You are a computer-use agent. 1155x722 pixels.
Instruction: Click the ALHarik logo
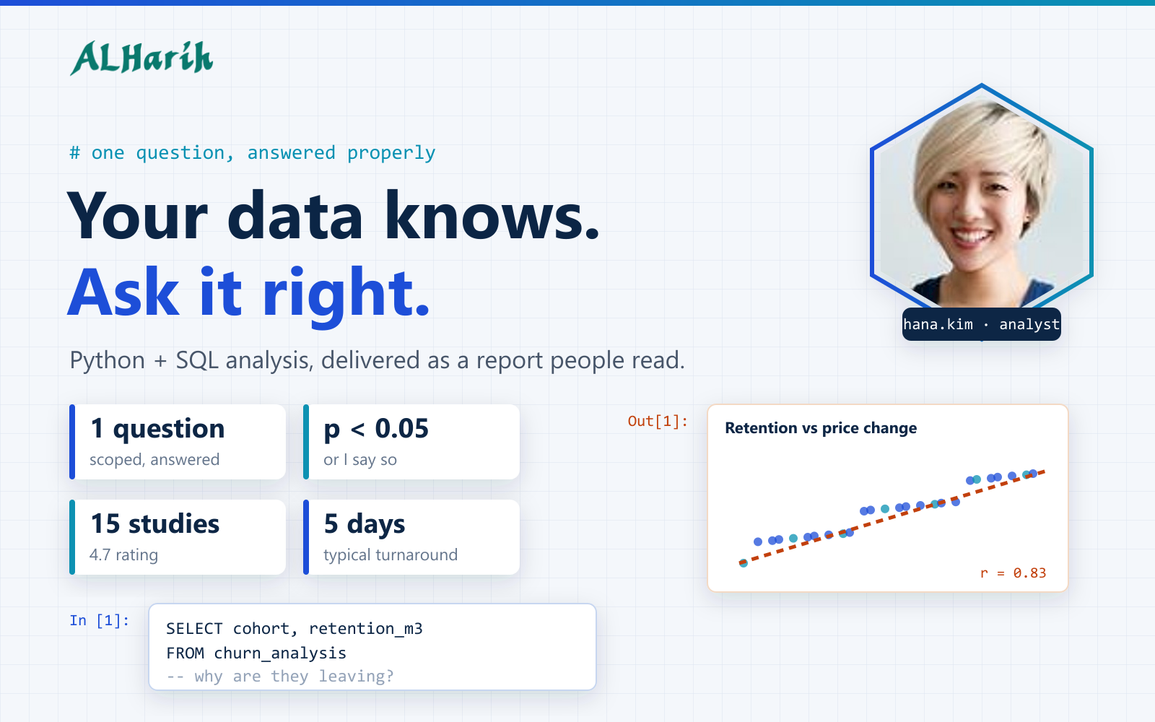pyautogui.click(x=141, y=58)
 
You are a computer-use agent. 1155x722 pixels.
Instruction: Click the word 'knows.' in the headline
pyautogui.click(x=492, y=216)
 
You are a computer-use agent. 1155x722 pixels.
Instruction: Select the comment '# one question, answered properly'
pyautogui.click(x=253, y=152)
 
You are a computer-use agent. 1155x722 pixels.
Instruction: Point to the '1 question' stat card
pyautogui.click(x=178, y=442)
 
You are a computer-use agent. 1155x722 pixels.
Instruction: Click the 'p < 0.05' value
pyautogui.click(x=376, y=429)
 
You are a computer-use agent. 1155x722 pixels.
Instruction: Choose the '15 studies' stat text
pyautogui.click(x=154, y=524)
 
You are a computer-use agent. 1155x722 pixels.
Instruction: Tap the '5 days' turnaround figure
pyautogui.click(x=365, y=524)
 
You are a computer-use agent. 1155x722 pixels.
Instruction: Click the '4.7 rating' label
pyautogui.click(x=123, y=555)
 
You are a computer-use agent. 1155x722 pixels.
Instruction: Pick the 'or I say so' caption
pyautogui.click(x=360, y=460)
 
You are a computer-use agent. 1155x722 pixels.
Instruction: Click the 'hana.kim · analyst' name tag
pyautogui.click(x=981, y=324)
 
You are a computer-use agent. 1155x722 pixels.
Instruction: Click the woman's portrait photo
pyautogui.click(x=981, y=201)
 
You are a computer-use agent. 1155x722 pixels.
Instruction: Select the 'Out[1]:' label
pyautogui.click(x=658, y=422)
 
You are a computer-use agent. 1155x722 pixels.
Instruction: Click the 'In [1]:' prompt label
pyautogui.click(x=99, y=620)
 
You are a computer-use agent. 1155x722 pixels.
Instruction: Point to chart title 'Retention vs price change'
pyautogui.click(x=821, y=428)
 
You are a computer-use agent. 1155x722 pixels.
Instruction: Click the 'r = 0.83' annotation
pyautogui.click(x=1014, y=573)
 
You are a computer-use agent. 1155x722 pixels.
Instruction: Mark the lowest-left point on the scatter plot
pyautogui.click(x=743, y=562)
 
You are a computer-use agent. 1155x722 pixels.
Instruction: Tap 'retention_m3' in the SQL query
pyautogui.click(x=365, y=629)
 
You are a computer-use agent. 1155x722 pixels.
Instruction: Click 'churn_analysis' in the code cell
pyautogui.click(x=280, y=653)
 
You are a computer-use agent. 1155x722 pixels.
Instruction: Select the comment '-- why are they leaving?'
pyautogui.click(x=280, y=676)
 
